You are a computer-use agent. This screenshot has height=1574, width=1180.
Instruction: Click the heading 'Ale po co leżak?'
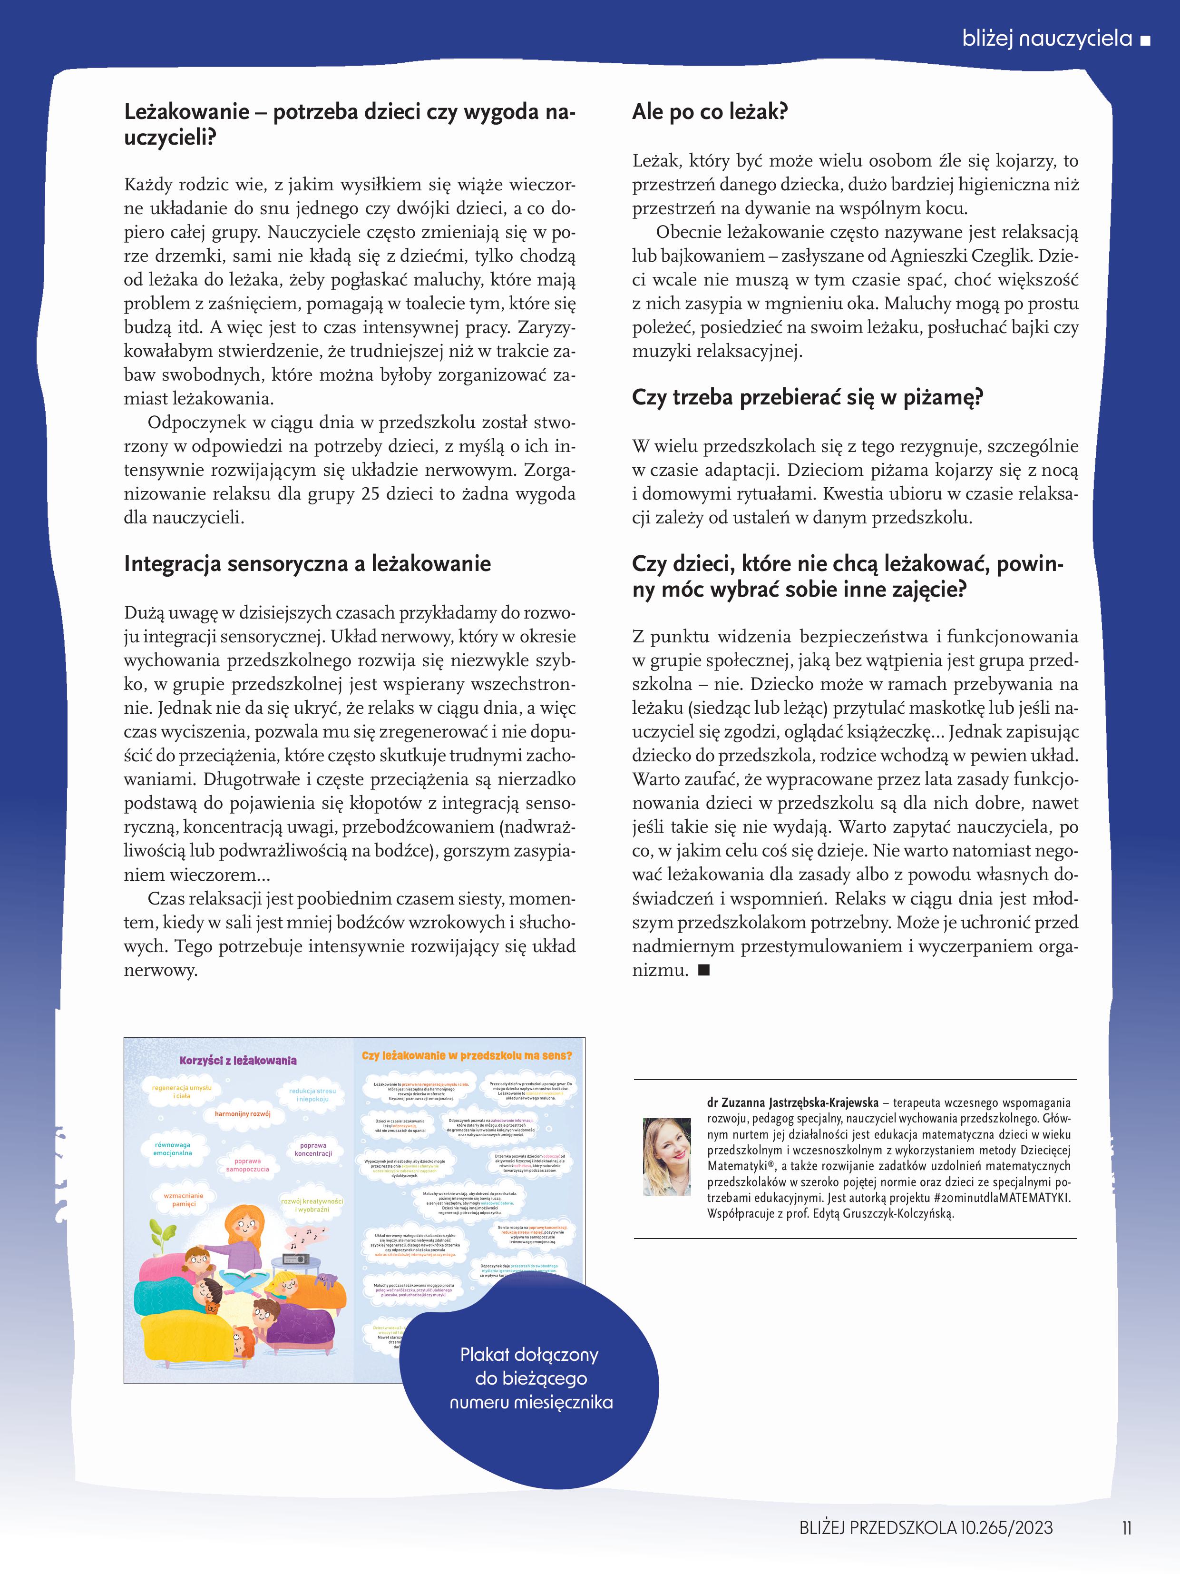coord(709,112)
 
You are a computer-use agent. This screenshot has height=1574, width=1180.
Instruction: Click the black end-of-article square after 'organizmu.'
coord(704,970)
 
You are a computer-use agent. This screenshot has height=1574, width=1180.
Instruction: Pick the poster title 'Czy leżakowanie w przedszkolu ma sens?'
coord(467,1056)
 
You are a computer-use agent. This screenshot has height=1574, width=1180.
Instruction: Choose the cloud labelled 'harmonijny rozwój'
coord(243,1113)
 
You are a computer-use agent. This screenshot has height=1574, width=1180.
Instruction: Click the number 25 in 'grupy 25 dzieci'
coord(370,494)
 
